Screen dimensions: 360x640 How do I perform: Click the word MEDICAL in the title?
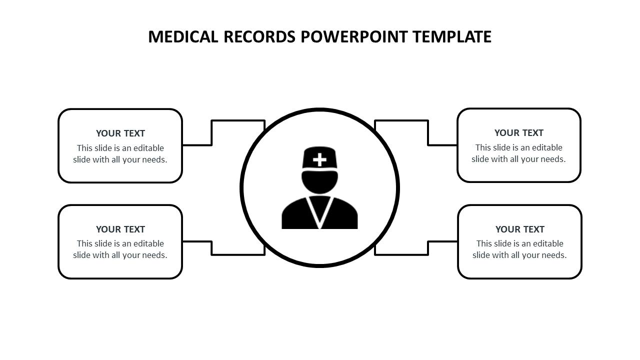183,37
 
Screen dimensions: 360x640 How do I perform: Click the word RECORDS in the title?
259,37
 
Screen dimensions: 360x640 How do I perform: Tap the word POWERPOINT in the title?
354,37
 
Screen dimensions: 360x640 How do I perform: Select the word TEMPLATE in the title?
452,37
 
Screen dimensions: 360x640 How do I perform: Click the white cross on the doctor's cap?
319,160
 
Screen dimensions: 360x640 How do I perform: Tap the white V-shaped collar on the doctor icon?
319,210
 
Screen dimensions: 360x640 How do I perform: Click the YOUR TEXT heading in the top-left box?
120,133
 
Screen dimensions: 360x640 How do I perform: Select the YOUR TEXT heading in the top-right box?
519,133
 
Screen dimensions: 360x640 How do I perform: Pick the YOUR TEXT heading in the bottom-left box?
120,229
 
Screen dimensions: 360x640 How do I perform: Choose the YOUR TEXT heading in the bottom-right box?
520,229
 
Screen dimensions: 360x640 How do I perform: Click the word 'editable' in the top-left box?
147,148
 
